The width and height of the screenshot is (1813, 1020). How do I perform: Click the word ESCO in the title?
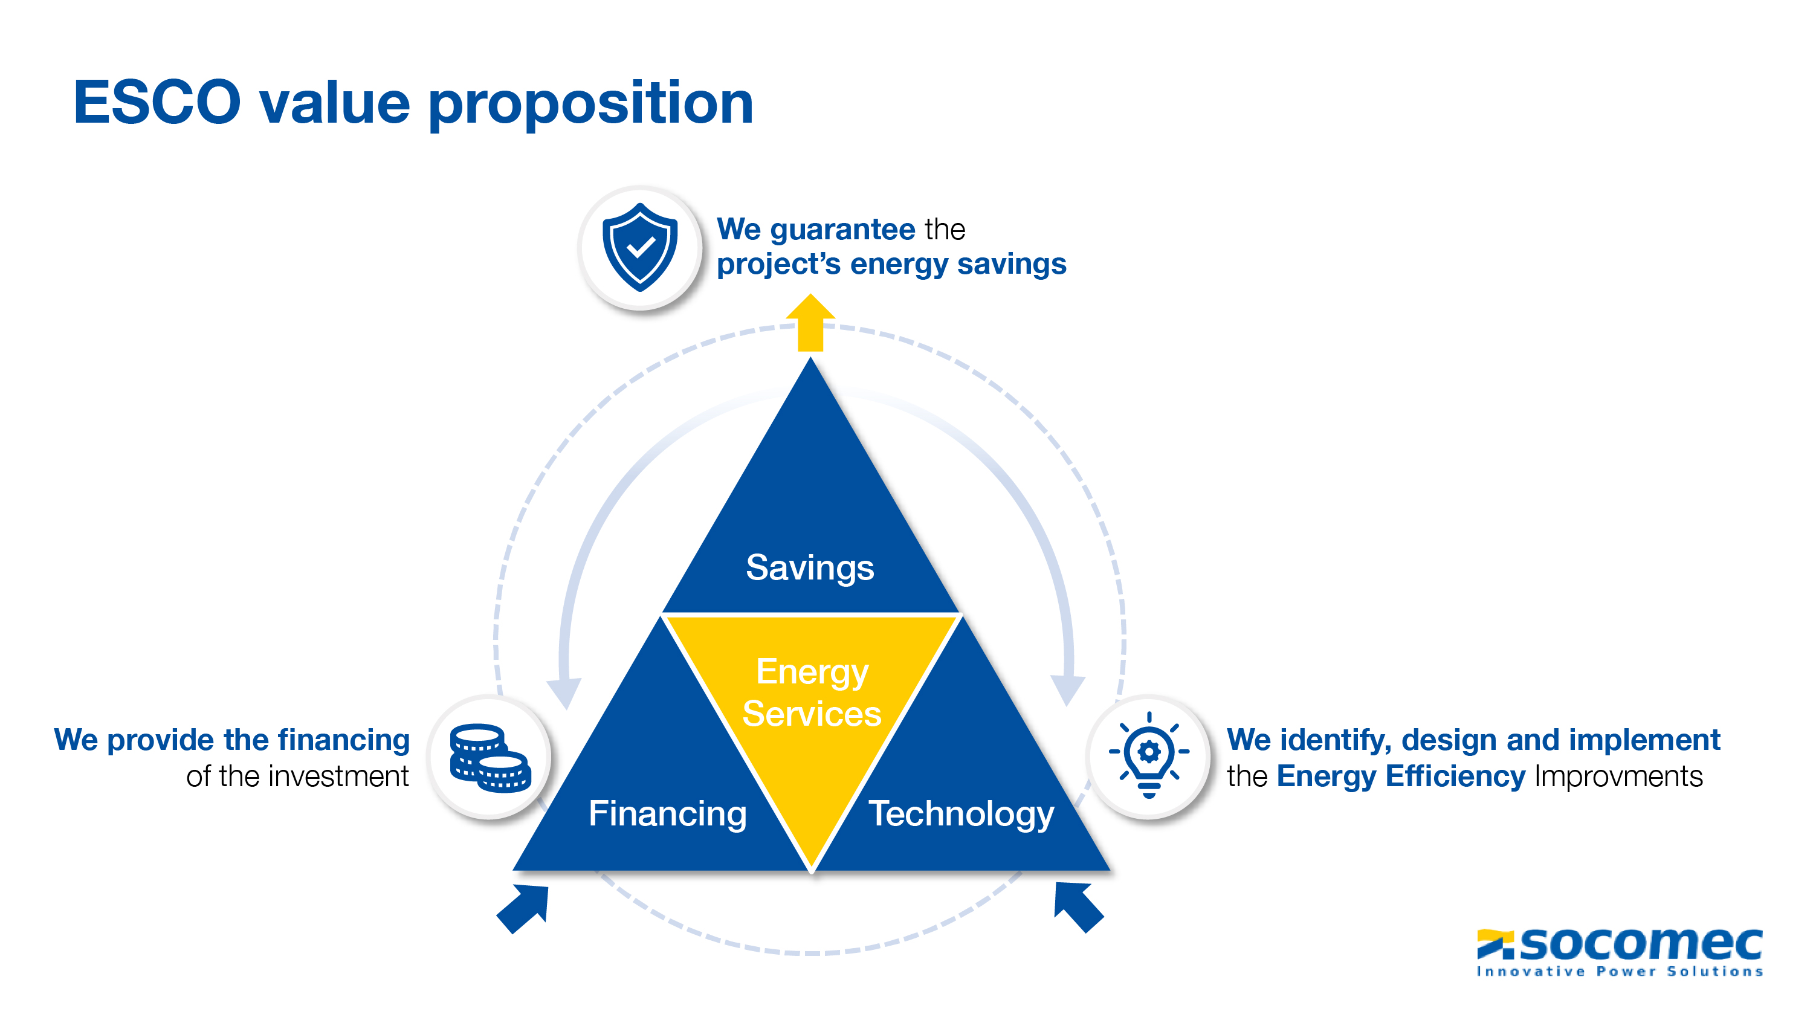157,103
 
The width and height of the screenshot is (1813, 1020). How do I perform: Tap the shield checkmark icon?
640,247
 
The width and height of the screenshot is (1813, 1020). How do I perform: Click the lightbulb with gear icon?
1149,755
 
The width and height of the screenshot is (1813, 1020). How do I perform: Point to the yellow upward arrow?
811,323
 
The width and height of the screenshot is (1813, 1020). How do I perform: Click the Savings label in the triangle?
810,567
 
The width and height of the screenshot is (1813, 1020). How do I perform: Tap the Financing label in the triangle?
667,814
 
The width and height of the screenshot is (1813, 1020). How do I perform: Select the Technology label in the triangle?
961,814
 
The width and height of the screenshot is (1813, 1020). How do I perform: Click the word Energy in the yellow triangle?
812,673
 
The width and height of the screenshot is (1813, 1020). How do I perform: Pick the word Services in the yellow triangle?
812,714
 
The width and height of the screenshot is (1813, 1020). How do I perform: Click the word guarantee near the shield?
842,230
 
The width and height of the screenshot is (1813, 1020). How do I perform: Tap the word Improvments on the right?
1619,776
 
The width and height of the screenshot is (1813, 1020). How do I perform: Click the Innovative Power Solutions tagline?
1620,972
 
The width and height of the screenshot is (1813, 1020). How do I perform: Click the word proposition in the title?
590,104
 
